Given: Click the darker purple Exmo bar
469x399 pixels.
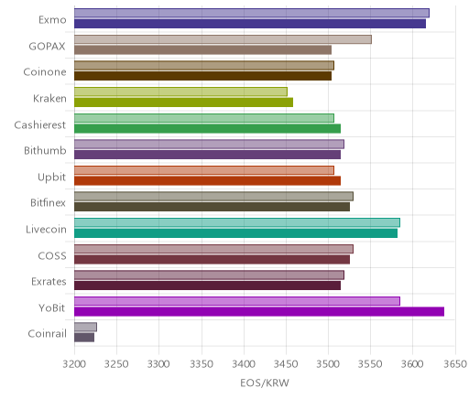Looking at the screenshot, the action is (x=250, y=24).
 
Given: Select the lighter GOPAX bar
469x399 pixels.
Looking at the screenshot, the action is (x=223, y=39).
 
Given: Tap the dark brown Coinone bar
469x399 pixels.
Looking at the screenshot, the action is (x=202, y=76).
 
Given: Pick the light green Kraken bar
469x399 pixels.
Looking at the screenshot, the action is (x=180, y=92).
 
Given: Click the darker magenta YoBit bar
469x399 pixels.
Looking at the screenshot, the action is (x=259, y=312).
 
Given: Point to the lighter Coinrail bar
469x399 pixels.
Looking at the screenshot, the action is (x=85, y=328).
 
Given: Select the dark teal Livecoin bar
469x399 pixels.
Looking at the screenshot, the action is (x=235, y=233).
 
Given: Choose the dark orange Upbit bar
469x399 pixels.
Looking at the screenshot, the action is (x=207, y=181).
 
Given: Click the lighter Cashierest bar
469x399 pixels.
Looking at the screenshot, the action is (x=204, y=118).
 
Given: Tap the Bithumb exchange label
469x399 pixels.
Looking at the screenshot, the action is (x=45, y=150).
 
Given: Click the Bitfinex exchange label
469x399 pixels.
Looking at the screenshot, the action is (x=48, y=202).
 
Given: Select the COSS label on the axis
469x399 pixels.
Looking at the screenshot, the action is (x=52, y=255).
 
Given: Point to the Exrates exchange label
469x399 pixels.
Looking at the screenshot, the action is (x=49, y=281).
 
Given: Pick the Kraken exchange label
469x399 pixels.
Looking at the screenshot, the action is (x=49, y=98).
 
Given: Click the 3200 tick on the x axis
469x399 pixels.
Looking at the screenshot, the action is (x=74, y=364).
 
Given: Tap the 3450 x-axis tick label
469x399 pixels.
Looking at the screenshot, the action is (x=286, y=364).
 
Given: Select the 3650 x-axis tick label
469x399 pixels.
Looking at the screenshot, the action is (x=455, y=364).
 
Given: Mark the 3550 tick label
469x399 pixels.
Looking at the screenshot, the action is (x=370, y=364).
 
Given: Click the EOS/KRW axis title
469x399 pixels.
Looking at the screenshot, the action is (x=265, y=383).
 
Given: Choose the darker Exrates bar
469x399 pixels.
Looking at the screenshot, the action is (x=207, y=286).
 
